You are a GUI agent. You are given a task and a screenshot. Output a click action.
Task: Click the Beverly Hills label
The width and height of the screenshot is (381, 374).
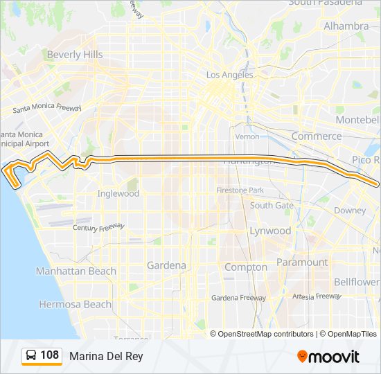pyautogui.click(x=74, y=55)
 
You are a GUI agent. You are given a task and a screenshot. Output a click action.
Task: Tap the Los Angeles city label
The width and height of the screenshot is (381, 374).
pyautogui.click(x=230, y=75)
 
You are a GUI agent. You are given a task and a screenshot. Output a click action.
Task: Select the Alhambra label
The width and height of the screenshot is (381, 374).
pyautogui.click(x=346, y=26)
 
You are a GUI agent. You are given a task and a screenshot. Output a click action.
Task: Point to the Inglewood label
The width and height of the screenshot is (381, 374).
pyautogui.click(x=118, y=194)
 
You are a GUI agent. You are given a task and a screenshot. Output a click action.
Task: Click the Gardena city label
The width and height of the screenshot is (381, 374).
pyautogui.click(x=166, y=265)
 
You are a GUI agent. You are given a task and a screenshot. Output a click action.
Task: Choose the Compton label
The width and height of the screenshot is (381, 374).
pyautogui.click(x=246, y=267)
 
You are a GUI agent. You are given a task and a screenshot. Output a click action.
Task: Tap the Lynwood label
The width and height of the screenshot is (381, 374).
pyautogui.click(x=270, y=231)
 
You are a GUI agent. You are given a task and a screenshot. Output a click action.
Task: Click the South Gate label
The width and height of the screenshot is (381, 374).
pyautogui.click(x=272, y=206)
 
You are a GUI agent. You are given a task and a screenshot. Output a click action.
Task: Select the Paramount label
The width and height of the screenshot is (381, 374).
pyautogui.click(x=302, y=262)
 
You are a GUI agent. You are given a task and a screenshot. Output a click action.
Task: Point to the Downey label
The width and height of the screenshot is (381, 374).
pyautogui.click(x=349, y=211)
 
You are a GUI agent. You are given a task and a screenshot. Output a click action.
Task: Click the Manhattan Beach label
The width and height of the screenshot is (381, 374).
pyautogui.click(x=76, y=271)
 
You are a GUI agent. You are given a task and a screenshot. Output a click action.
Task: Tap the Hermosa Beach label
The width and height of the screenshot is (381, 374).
pyautogui.click(x=75, y=304)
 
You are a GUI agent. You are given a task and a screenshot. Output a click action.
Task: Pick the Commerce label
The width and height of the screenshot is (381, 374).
pyautogui.click(x=316, y=136)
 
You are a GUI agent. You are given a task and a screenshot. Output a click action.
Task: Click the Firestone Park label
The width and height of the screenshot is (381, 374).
pyautogui.click(x=240, y=190)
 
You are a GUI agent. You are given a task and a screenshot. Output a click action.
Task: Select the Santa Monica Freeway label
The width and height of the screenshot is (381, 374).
pyautogui.click(x=47, y=109)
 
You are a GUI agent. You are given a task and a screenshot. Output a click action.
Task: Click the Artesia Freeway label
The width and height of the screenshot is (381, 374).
pyautogui.click(x=318, y=296)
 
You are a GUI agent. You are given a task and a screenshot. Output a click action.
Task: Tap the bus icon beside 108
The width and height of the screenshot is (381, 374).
pyautogui.click(x=31, y=356)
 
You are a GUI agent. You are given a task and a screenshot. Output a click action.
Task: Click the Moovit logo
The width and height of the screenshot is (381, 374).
pyautogui.click(x=328, y=357)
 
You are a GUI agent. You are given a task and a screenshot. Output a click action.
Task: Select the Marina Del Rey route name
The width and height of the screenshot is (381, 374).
pyautogui.click(x=106, y=356)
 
